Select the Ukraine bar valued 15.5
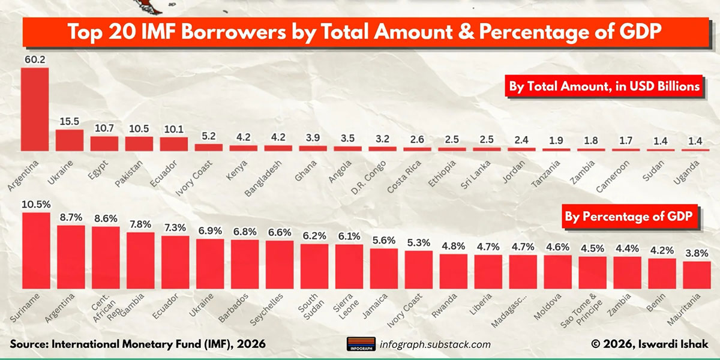[x=70, y=140]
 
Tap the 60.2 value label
[x=35, y=59]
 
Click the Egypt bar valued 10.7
[x=104, y=143]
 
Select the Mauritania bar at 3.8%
[x=696, y=274]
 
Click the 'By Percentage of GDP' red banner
[x=631, y=218]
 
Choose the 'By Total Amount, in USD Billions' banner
[x=604, y=86]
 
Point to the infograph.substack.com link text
[x=436, y=344]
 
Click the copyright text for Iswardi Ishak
[x=650, y=344]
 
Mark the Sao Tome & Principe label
[x=591, y=307]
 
